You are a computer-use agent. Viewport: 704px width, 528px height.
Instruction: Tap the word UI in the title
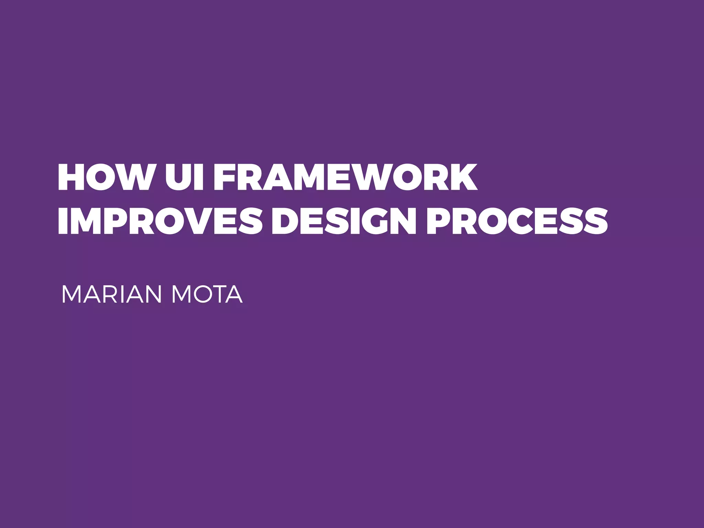[184, 177]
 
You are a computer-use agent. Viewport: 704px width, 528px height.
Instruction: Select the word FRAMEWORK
[345, 177]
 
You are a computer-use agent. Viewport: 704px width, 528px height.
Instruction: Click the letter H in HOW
[71, 177]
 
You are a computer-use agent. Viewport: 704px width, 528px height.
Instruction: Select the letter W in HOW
[134, 177]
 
